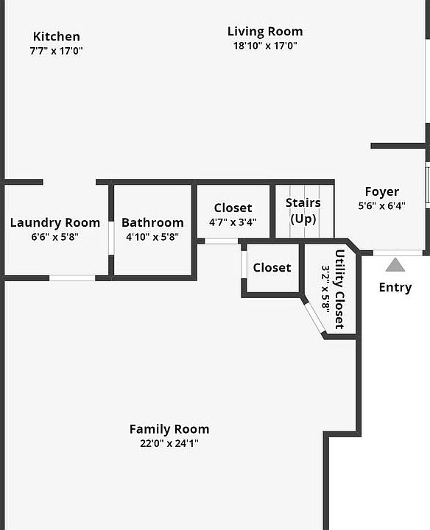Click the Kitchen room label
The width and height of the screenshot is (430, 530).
coord(57,37)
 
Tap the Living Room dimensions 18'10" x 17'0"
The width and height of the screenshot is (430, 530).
coord(265,46)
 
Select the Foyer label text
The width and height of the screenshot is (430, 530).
coord(382,191)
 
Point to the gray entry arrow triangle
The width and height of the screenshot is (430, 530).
coord(395,265)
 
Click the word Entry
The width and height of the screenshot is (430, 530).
coord(395,287)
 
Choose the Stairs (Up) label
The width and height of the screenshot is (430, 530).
coord(303,211)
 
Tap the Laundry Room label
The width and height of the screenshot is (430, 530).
coord(55,223)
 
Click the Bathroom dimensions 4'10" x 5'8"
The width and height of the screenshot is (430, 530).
coord(152,236)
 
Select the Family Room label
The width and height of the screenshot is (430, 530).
coord(169,429)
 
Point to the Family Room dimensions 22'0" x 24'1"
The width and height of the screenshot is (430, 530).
coord(169,443)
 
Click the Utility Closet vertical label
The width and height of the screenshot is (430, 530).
coord(339,289)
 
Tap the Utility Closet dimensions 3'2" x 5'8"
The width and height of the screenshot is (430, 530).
coord(325,289)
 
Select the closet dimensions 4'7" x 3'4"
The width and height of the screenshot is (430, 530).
coord(233,222)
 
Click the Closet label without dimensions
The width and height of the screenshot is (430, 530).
coord(272,268)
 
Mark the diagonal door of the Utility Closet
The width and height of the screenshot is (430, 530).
coord(314,317)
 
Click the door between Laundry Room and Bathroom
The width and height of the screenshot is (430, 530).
coord(111,238)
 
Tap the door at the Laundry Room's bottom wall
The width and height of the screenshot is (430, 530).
coord(72,278)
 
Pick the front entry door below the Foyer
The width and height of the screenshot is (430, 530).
coord(398,252)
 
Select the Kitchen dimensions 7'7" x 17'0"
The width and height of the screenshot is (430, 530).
coord(56,51)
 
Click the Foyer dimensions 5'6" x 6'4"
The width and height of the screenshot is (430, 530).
coord(382,205)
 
